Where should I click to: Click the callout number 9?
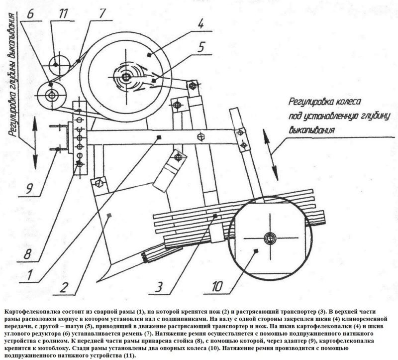point(29,188)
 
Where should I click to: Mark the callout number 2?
point(64,287)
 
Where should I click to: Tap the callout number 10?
point(217,286)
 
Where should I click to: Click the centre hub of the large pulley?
point(126,77)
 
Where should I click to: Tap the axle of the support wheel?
point(270,238)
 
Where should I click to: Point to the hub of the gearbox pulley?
point(52,96)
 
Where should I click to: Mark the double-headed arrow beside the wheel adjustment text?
point(271,154)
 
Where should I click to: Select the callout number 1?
point(30,274)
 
